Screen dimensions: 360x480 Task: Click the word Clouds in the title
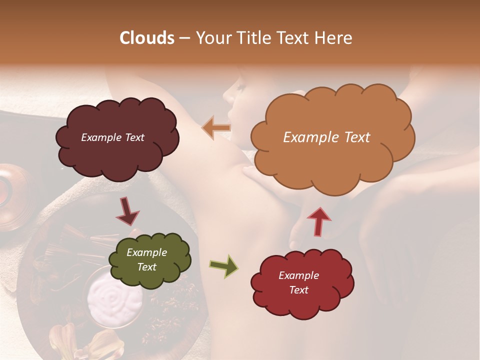point(147,38)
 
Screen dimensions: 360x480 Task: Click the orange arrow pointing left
point(216,128)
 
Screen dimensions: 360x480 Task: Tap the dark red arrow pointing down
point(127,211)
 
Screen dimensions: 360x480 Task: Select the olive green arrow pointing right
point(223,266)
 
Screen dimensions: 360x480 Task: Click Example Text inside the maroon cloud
point(112,137)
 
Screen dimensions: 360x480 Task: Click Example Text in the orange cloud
point(326,137)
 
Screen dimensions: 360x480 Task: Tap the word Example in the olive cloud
point(146,252)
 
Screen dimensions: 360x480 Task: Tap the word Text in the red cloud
point(298,290)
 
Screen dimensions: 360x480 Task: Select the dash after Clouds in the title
point(184,38)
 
